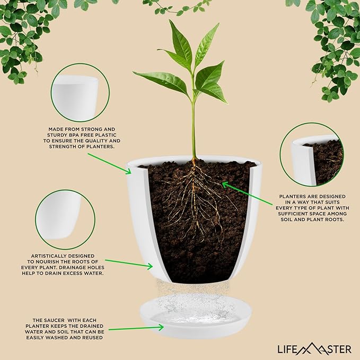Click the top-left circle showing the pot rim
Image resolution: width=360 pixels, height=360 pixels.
pyautogui.click(x=80, y=93)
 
